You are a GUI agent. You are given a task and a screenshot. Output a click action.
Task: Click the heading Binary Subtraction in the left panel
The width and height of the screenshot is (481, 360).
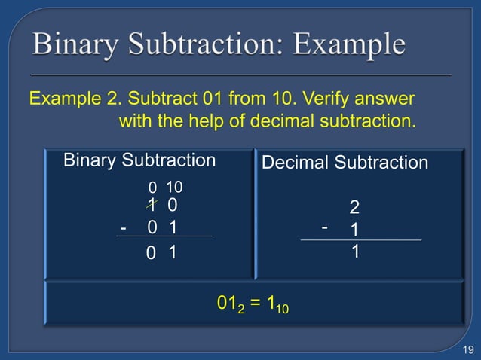point(139,160)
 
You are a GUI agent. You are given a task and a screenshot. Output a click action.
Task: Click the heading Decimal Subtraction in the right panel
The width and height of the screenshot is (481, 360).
point(345,163)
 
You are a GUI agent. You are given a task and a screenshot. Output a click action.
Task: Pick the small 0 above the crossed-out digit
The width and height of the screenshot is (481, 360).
point(152,188)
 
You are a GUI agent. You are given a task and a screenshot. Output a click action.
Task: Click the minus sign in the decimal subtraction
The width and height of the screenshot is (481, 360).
point(325,225)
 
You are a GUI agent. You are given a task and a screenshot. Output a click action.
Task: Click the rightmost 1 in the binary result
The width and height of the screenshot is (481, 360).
point(173,255)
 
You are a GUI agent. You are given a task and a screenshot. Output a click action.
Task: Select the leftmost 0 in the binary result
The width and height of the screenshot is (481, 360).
point(152,255)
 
